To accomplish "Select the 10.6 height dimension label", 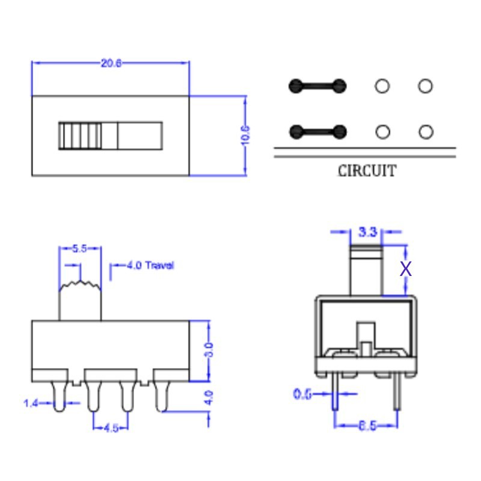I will coord(245,136).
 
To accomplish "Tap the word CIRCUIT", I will coord(367,171).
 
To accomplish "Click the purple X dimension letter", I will coord(406,269).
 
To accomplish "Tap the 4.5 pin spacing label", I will coord(111,428).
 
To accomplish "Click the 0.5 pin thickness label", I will coord(302,394).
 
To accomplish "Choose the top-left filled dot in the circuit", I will coord(295,86).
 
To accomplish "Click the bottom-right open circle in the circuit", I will coord(426,132).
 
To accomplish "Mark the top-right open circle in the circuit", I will coord(425,86).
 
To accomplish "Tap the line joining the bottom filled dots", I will coord(318,132).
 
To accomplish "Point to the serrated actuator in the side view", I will coord(80,301).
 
